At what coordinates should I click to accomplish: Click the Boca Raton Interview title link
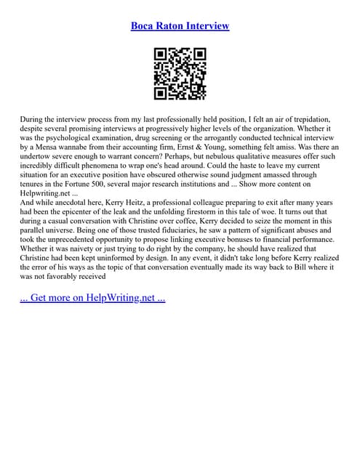coord(180,26)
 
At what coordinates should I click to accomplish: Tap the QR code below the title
coord(180,73)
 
